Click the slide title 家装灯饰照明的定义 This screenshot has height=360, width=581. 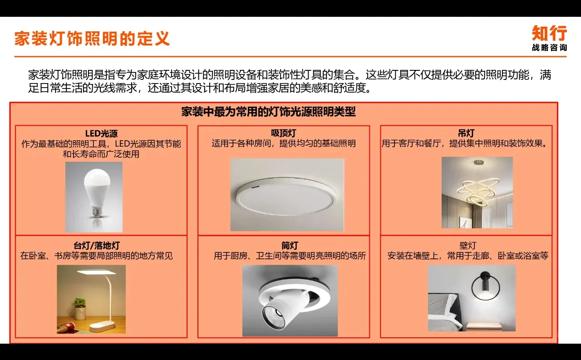92,39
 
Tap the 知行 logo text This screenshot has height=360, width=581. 549,34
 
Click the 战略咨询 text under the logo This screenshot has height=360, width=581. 549,48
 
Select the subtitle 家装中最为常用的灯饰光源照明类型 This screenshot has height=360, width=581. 268,112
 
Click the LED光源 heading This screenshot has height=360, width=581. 101,133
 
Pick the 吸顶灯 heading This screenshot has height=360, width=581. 283,133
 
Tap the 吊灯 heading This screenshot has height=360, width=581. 466,133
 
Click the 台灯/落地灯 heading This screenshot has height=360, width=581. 97,246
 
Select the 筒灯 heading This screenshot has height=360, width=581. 290,246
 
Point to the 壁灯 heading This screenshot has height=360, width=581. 468,246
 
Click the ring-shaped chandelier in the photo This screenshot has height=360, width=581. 479,189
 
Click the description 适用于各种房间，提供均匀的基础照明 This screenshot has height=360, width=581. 283,144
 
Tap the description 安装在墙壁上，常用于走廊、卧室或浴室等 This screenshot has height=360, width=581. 468,256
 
